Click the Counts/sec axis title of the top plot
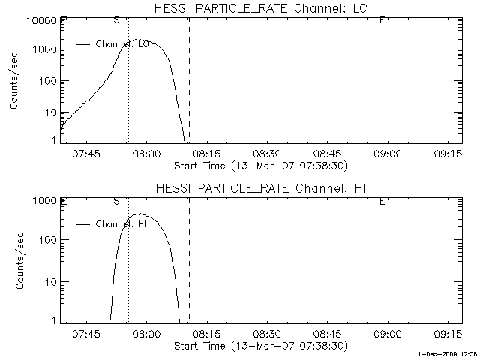pos(15,80)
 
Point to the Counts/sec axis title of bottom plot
pos(15,259)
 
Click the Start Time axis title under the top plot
pos(259,165)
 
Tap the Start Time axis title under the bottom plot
pos(259,346)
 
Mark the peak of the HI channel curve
pos(137,214)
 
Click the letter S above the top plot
pos(116,19)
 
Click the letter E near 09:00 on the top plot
pos(382,19)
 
